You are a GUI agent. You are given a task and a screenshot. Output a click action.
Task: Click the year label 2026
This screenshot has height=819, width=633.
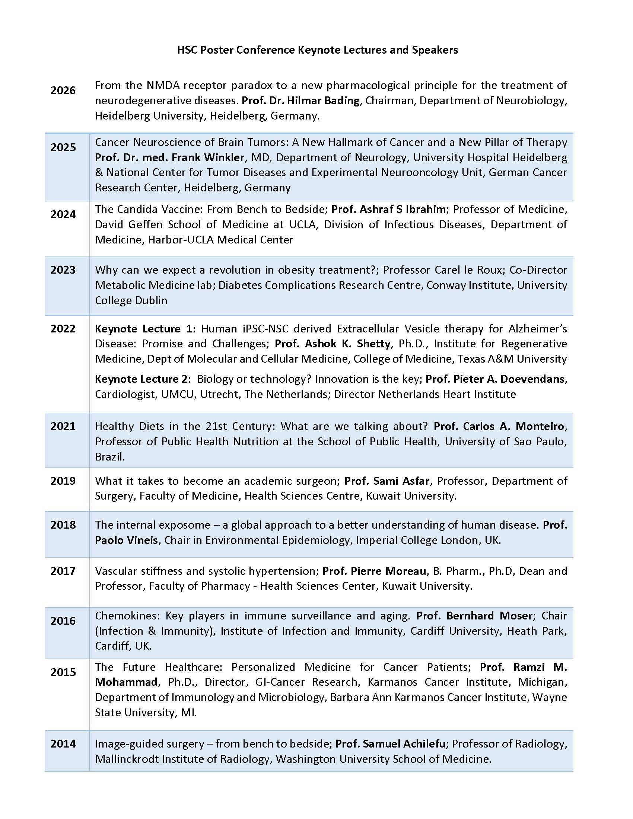[x=63, y=90]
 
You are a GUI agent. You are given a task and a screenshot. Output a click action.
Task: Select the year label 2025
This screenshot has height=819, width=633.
[x=63, y=147]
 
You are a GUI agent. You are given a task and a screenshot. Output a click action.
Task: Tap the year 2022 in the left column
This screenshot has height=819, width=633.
[x=63, y=328]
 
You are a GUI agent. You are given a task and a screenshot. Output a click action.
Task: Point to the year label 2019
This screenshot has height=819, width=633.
[x=63, y=481]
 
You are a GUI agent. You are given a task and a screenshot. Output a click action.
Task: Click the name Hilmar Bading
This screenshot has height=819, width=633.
[x=322, y=101]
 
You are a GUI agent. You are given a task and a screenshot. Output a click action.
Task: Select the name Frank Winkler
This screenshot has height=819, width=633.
[x=208, y=157]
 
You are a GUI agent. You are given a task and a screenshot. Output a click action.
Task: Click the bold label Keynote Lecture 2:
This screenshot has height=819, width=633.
[x=143, y=379]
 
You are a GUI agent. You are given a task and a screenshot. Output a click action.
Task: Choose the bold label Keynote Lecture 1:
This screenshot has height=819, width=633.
[x=145, y=328]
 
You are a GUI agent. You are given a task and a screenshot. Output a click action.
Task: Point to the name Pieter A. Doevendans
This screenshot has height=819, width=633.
[x=509, y=379]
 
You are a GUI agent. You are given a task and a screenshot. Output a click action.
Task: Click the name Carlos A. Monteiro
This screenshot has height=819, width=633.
[x=513, y=426]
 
